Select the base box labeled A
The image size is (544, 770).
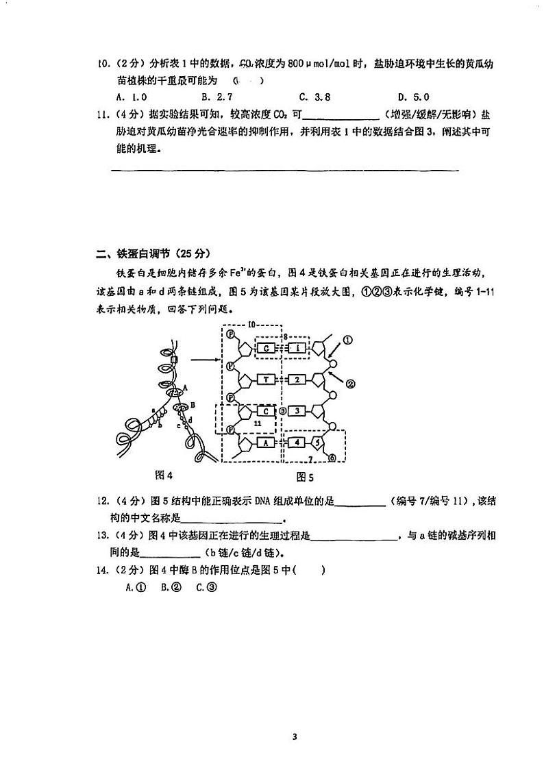tap(265, 443)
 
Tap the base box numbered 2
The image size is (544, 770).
tap(297, 379)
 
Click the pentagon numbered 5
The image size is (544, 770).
tap(317, 443)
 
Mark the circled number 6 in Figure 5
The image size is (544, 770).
tap(332, 458)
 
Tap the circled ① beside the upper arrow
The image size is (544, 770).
tap(347, 338)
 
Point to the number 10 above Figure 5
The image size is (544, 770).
tap(251, 323)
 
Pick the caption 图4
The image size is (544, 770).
tap(166, 474)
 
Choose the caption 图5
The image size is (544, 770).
tap(304, 477)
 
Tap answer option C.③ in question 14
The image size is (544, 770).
tap(206, 587)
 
